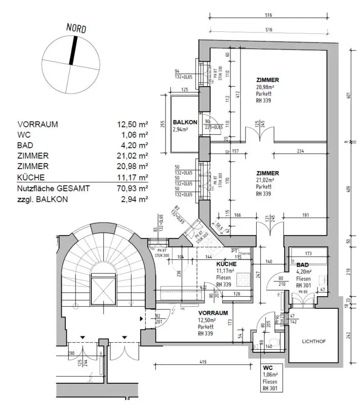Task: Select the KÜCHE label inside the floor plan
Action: (226, 264)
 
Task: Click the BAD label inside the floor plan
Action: (303, 265)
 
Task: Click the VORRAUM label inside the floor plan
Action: (212, 313)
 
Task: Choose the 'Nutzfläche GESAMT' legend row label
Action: (54, 188)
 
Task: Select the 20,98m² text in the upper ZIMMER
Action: (266, 87)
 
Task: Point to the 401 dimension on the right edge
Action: (349, 94)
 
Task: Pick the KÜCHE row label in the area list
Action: (31, 177)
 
